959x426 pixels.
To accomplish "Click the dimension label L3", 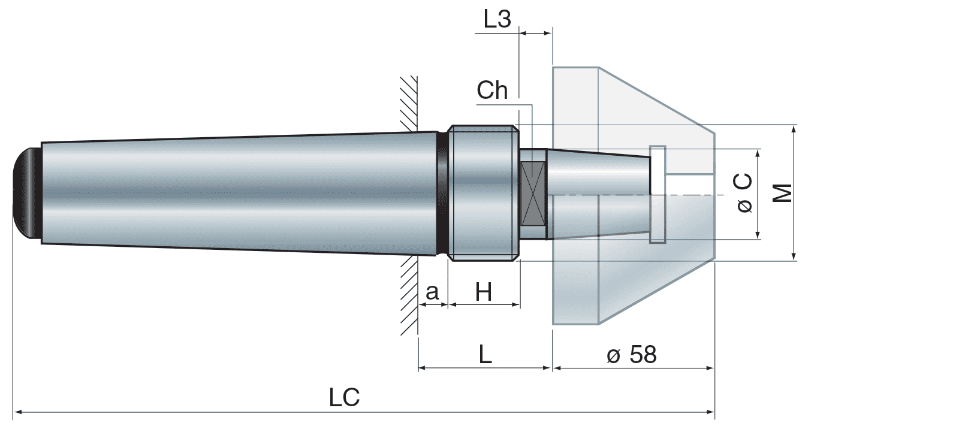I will point(497,19).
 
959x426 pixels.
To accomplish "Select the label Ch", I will point(492,90).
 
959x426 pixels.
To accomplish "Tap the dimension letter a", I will point(432,292).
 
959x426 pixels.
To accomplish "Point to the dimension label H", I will point(483,292).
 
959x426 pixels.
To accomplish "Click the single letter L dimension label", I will point(485,355).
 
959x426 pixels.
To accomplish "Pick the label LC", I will point(344,397).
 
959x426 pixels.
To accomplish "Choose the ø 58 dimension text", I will point(632,355).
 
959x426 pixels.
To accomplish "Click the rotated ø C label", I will point(744,193).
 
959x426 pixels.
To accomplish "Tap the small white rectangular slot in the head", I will point(658,194).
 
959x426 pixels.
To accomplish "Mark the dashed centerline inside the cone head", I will point(629,195).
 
